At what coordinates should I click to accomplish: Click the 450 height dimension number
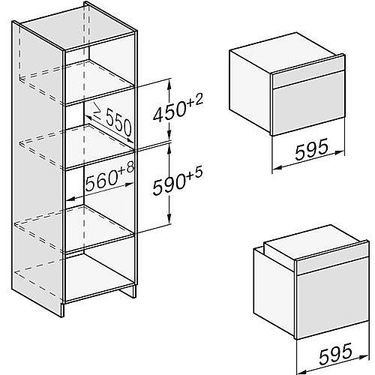point(169,112)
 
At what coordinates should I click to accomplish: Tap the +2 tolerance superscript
point(194,100)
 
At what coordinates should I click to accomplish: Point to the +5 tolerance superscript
point(193,173)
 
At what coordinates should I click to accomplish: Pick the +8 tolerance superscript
point(127,167)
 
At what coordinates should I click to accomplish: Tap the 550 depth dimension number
point(118,124)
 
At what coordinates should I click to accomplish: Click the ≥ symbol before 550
point(97,112)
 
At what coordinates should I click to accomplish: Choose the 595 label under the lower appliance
point(336,353)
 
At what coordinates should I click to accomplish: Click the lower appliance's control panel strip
point(332,257)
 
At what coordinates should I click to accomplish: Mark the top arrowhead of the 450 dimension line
point(169,84)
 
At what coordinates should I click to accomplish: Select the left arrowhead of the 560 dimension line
point(70,199)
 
